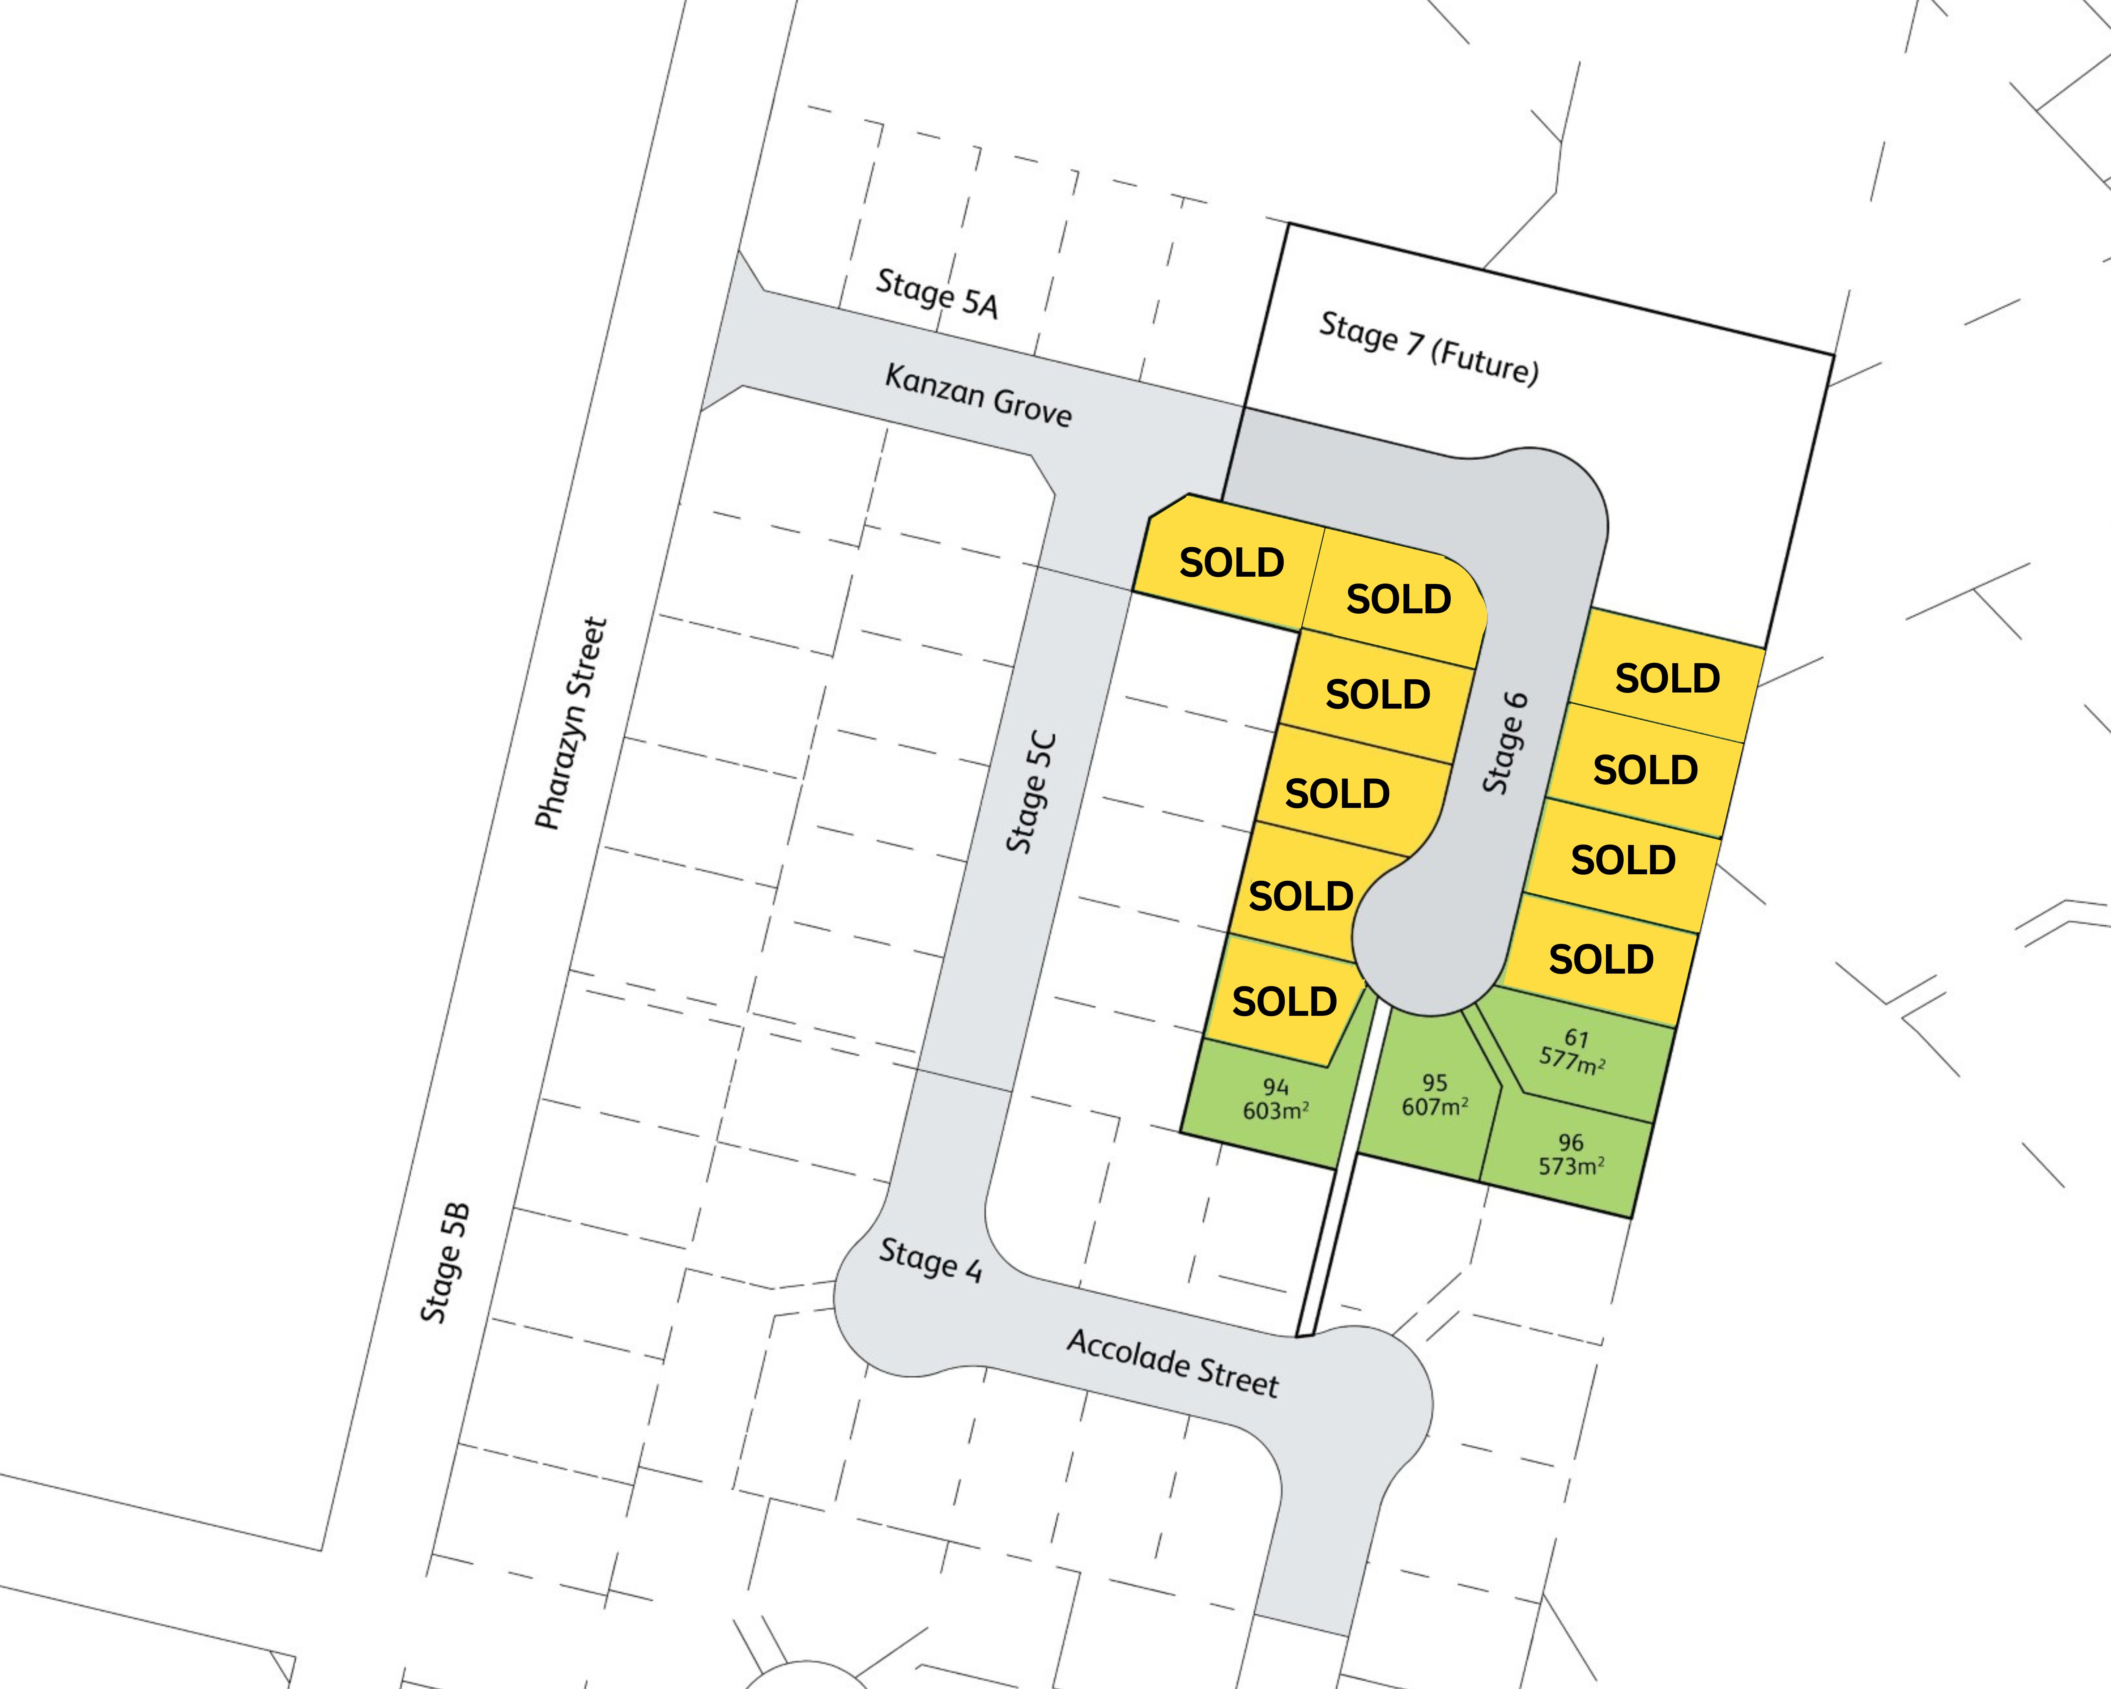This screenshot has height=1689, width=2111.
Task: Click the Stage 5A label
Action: (x=937, y=294)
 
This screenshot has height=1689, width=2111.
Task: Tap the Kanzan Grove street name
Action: (x=978, y=395)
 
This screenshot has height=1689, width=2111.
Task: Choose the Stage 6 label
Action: (x=1505, y=742)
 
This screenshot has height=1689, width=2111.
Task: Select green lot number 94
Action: (x=1276, y=1087)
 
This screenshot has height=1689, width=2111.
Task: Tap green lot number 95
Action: (x=1434, y=1082)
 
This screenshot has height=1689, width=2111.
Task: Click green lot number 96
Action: (x=1571, y=1142)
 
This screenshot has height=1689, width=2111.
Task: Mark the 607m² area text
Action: (x=1434, y=1106)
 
